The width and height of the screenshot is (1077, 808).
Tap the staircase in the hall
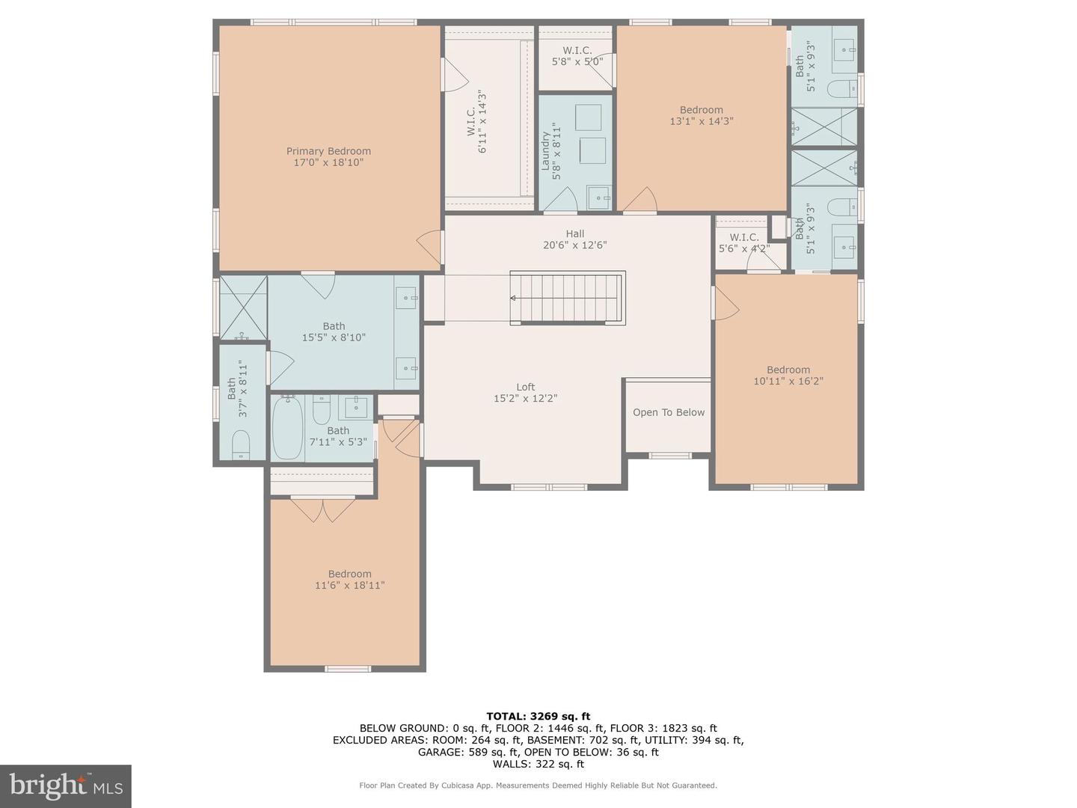568,298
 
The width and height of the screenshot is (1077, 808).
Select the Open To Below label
669,412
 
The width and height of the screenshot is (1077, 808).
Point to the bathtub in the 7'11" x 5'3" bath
287,428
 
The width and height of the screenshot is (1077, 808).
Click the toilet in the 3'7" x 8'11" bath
241,444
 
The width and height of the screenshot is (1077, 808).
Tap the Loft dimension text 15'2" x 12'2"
525,399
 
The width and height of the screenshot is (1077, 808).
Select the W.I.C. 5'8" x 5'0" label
577,56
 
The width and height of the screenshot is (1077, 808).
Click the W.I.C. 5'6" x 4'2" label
743,243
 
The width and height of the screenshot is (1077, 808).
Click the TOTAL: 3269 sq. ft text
538,716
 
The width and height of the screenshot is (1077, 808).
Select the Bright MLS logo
66,786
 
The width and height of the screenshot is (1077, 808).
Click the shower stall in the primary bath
243,307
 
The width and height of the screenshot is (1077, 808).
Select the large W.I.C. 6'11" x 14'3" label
476,122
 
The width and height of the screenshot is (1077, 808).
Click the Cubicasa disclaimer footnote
538,786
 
